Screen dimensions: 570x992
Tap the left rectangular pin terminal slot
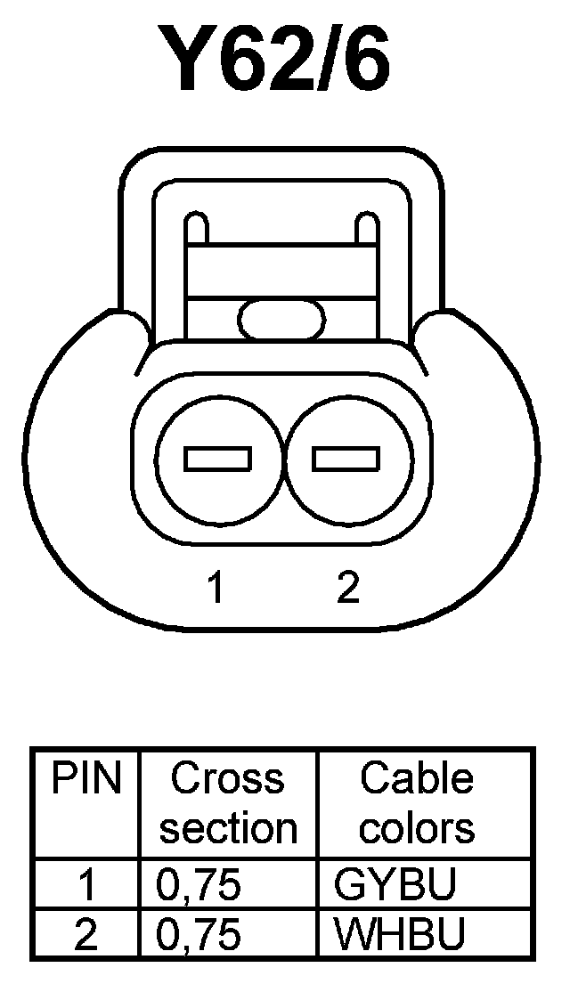[x=217, y=459]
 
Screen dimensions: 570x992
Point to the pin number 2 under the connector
[x=347, y=588]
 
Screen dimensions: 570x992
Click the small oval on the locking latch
[x=282, y=319]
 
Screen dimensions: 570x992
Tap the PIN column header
[x=85, y=779]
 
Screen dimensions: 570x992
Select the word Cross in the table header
[x=227, y=779]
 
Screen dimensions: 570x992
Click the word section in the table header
[x=228, y=828]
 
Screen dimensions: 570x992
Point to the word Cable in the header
[x=416, y=779]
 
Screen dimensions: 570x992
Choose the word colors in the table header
[x=416, y=828]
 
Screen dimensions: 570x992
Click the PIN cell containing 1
[x=86, y=886]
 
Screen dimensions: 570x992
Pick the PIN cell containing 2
[x=86, y=935]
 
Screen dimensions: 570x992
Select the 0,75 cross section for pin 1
[x=199, y=886]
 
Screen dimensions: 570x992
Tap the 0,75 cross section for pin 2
[x=199, y=935]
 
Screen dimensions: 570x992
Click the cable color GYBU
[x=395, y=886]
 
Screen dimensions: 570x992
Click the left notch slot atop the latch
[x=197, y=228]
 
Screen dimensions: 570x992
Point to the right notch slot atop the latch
[x=366, y=228]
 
